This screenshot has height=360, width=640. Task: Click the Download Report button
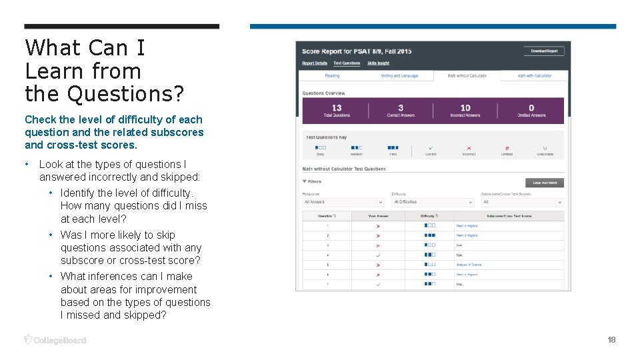(x=544, y=51)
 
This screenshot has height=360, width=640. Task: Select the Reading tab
(x=332, y=76)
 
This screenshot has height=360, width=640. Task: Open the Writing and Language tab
(x=399, y=76)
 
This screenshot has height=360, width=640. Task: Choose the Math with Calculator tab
(x=535, y=76)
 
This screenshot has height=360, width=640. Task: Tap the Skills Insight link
(x=378, y=63)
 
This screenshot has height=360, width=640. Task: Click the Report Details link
(x=315, y=63)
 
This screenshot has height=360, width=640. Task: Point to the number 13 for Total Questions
(x=337, y=107)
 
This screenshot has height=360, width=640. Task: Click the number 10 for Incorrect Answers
(x=465, y=107)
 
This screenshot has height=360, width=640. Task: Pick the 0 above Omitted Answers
(x=531, y=107)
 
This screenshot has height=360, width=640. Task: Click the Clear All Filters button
(x=545, y=183)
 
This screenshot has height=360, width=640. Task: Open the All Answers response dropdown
(x=343, y=202)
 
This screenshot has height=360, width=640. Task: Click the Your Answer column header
(x=378, y=216)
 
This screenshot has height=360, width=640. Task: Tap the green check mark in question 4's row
(x=378, y=255)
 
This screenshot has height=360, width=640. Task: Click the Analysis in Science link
(x=469, y=265)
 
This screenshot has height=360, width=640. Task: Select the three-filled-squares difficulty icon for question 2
(x=429, y=235)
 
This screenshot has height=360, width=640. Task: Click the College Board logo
(x=55, y=340)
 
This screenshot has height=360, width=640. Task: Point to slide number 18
(x=611, y=340)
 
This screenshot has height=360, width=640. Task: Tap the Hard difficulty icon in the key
(x=393, y=147)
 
